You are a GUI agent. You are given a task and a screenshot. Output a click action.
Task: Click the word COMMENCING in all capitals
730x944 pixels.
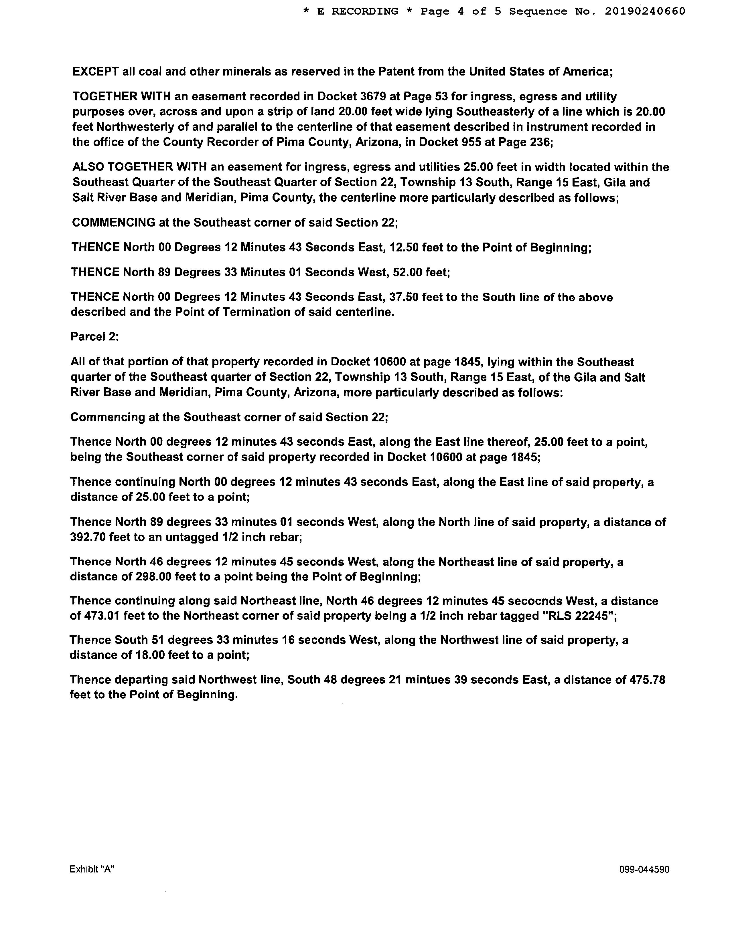(x=114, y=223)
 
